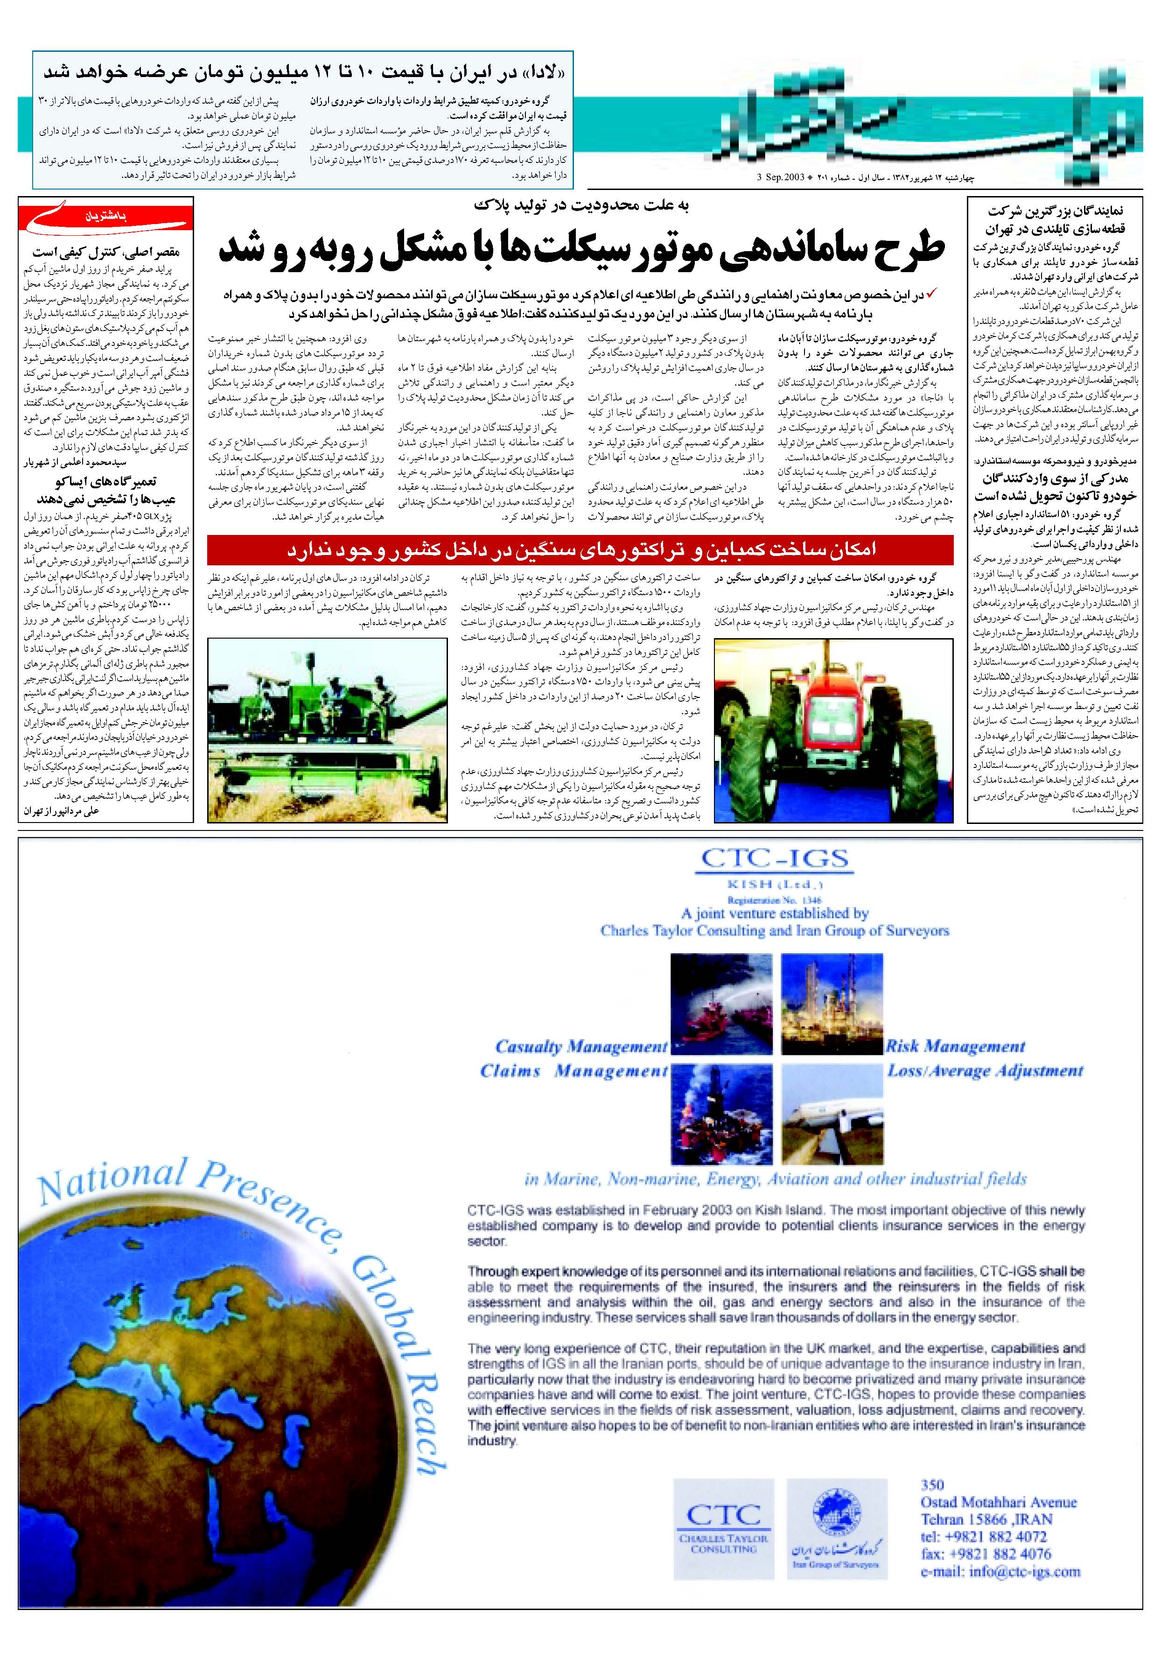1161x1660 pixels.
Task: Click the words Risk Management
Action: (955, 1046)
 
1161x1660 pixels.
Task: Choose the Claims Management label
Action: (574, 1071)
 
